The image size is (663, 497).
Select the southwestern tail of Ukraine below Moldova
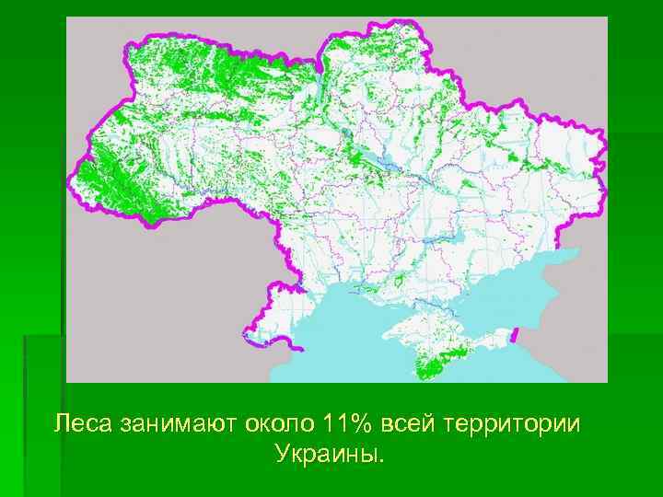pos(276,322)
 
